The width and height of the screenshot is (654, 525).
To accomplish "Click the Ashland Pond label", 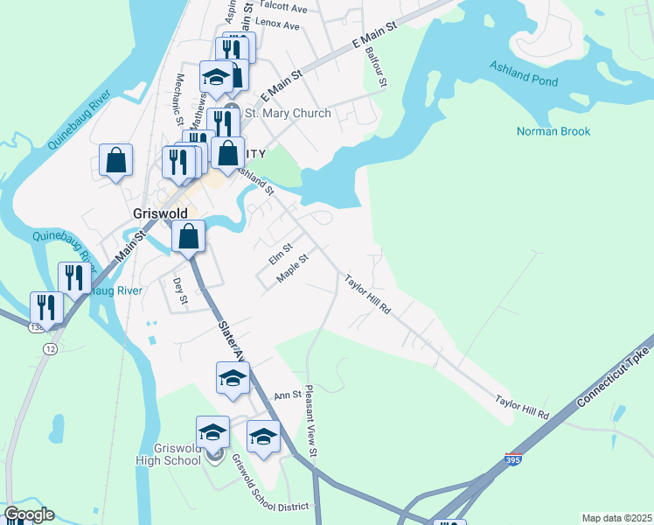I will (x=524, y=72).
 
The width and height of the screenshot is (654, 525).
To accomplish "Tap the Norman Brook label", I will (x=553, y=132).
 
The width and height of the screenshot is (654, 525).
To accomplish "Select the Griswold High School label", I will (x=168, y=455).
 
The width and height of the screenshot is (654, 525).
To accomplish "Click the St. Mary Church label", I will (x=287, y=114).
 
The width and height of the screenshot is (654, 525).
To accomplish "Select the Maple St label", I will (x=293, y=268).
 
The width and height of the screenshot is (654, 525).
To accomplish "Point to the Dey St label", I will (x=181, y=291).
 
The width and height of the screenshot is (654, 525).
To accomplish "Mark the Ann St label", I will (x=288, y=395).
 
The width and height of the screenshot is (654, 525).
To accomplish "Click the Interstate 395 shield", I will (x=515, y=458).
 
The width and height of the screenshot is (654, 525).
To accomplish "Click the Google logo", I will (x=28, y=514).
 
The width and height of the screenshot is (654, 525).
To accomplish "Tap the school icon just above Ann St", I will (x=233, y=378).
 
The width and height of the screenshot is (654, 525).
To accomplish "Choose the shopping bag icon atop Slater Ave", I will (x=188, y=235).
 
